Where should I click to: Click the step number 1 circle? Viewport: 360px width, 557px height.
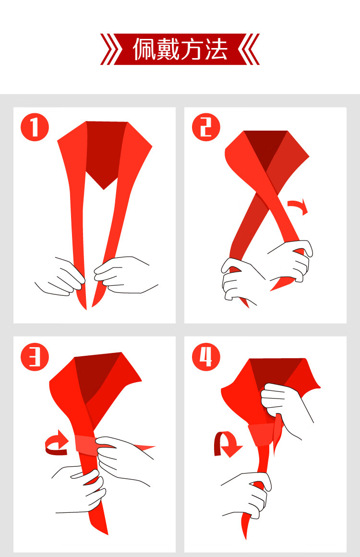pyautogui.click(x=35, y=127)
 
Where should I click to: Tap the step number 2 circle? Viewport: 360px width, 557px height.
pyautogui.click(x=206, y=127)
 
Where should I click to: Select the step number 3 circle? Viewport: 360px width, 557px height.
pyautogui.click(x=35, y=357)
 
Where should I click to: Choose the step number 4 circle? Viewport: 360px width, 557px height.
pyautogui.click(x=206, y=357)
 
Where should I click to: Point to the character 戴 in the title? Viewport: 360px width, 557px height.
pyautogui.click(x=168, y=49)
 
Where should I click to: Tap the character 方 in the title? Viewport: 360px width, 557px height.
pyautogui.click(x=192, y=49)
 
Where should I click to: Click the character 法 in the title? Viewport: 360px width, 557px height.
pyautogui.click(x=216, y=49)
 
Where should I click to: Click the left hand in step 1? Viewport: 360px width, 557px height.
pyautogui.click(x=60, y=277)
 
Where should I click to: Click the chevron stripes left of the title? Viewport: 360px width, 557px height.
pyautogui.click(x=111, y=49)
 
